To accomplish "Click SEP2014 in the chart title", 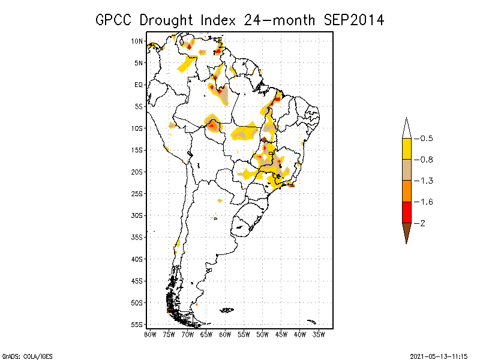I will pos(354,20).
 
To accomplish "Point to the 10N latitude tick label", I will pos(137,41).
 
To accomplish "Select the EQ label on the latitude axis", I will pos(139,85).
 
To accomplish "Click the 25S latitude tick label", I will pos(137,193).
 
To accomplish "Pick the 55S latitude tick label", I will pos(137,325).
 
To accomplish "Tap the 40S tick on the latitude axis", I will pos(137,259).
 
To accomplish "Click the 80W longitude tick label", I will pos(150,334).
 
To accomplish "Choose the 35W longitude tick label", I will pos(319,334).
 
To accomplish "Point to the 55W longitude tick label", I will pos(244,334).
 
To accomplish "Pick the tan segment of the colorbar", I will pos(406,170).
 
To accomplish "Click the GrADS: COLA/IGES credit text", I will pos(22,355).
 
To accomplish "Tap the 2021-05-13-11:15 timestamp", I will pos(439,355).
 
